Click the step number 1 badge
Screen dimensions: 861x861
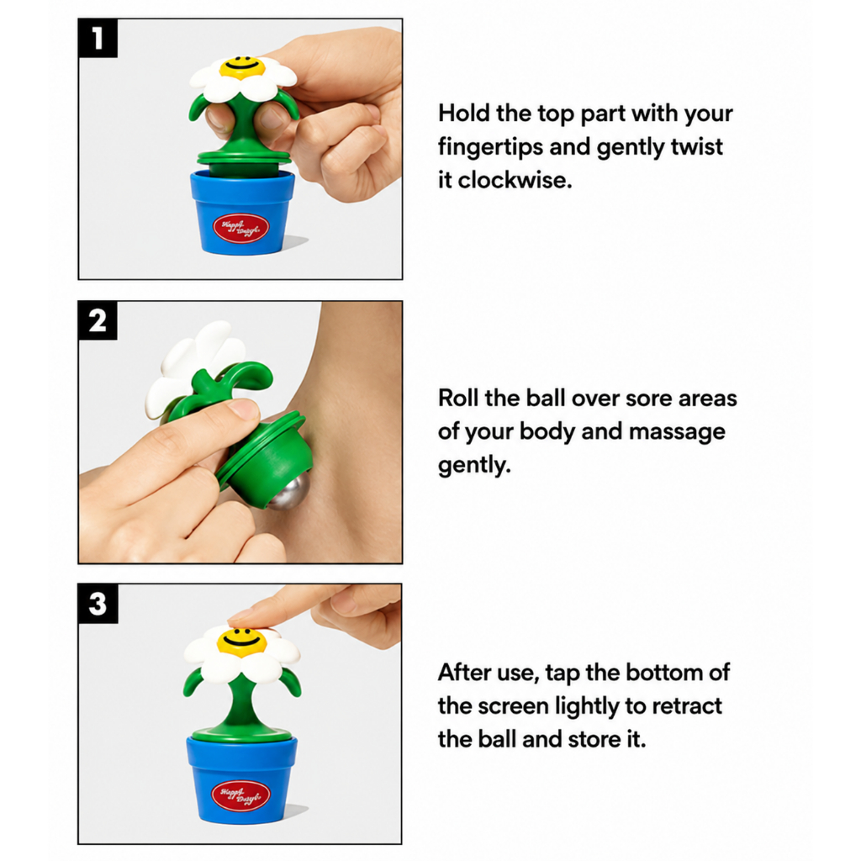click(98, 38)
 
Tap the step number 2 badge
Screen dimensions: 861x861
click(98, 320)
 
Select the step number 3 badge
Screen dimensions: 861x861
click(98, 604)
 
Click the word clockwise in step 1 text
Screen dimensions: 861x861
click(515, 180)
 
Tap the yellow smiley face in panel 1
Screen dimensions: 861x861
click(241, 67)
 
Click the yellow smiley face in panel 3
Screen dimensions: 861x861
click(241, 642)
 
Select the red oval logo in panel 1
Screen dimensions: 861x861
click(241, 229)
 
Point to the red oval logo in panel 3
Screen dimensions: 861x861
click(240, 795)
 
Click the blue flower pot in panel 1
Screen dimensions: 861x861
click(242, 213)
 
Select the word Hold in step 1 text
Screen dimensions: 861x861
click(463, 114)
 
